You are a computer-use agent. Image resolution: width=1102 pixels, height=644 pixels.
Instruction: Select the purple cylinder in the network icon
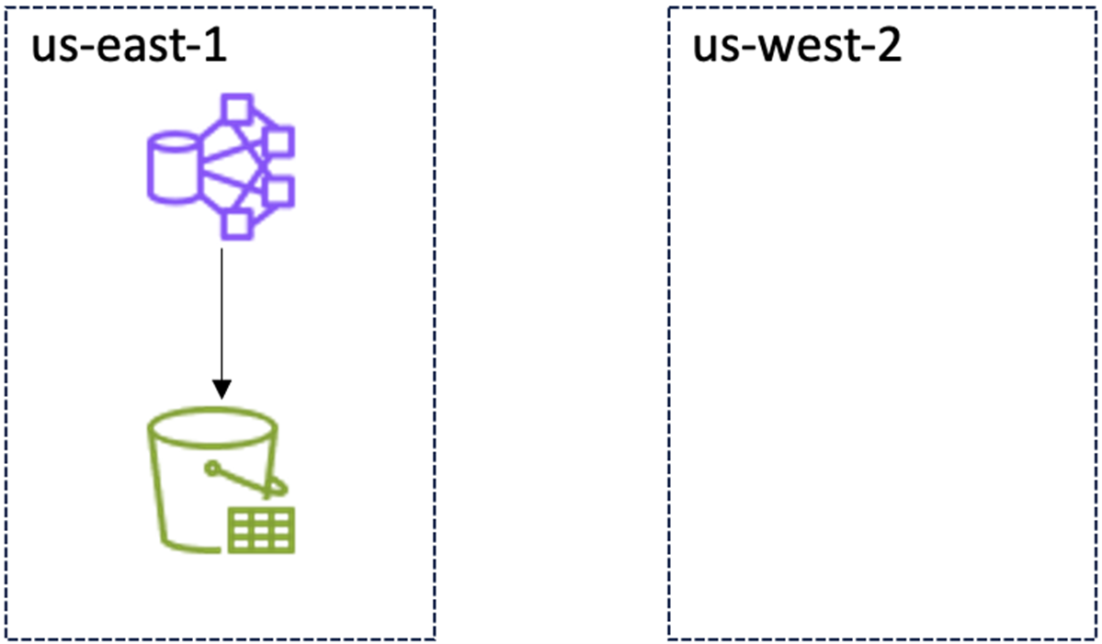[x=172, y=165]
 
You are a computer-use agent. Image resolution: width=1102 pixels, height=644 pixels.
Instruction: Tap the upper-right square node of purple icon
[x=278, y=141]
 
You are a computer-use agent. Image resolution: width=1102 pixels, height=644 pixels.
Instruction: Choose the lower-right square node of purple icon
[x=278, y=191]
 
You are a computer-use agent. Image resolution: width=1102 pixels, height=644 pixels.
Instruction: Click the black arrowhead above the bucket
[x=222, y=390]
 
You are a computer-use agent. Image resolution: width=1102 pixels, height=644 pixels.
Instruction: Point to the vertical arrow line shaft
[x=222, y=312]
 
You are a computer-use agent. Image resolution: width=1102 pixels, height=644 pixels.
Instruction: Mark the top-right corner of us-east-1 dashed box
[x=434, y=8]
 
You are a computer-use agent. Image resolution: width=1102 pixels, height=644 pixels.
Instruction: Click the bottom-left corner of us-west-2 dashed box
[x=668, y=637]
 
